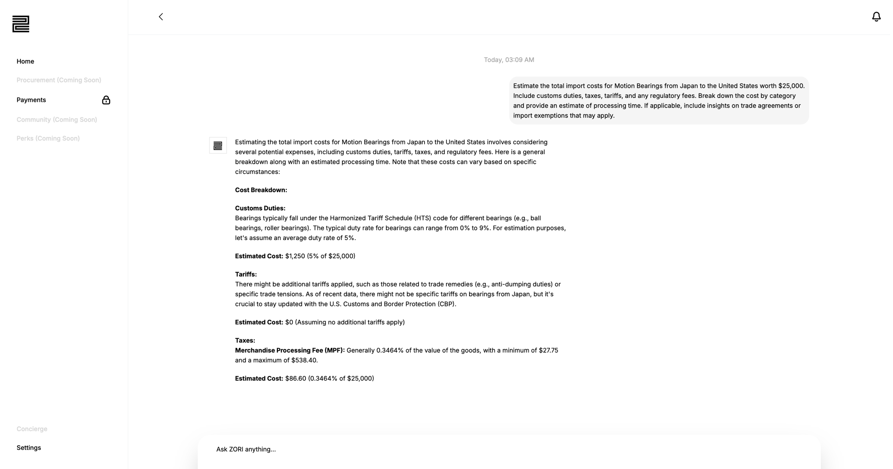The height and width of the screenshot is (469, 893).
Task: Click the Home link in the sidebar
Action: click(25, 61)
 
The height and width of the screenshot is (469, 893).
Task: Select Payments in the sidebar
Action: click(31, 100)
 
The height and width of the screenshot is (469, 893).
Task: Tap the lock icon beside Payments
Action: click(106, 100)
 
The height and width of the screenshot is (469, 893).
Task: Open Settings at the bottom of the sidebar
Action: click(29, 448)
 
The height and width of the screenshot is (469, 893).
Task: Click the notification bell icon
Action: click(876, 17)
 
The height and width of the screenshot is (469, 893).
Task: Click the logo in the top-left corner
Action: click(21, 24)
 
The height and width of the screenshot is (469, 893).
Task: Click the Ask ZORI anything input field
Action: click(509, 449)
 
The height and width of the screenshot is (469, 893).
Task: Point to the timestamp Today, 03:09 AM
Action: click(509, 60)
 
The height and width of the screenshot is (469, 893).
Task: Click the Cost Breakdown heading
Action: click(261, 190)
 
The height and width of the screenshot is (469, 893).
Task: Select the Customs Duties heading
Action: click(260, 208)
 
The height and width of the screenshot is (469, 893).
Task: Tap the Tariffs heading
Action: click(246, 274)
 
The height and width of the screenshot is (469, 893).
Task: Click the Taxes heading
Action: click(245, 341)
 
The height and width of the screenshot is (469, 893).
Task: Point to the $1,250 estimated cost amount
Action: click(295, 256)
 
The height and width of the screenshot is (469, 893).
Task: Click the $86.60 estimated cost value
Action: click(295, 379)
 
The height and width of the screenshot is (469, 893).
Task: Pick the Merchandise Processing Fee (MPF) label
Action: click(290, 351)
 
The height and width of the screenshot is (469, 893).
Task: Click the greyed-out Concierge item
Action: click(32, 429)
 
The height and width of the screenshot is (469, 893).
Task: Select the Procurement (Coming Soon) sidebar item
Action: click(59, 80)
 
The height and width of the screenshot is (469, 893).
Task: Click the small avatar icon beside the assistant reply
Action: click(218, 146)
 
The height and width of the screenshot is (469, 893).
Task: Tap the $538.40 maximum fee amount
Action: click(304, 360)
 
